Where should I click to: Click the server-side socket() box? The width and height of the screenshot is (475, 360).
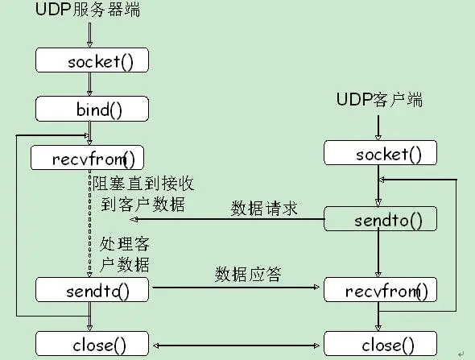coord(92,61)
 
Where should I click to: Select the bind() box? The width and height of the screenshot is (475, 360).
coord(92,109)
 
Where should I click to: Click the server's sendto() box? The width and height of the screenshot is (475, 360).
coord(92,289)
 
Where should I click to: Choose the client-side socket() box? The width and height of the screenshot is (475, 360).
coord(381,153)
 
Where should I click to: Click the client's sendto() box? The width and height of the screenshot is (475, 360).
coord(381,219)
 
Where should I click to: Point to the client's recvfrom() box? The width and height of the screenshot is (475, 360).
coord(381,289)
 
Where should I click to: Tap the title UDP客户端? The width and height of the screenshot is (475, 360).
coord(379,101)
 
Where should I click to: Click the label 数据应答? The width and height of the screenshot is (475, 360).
coord(248,274)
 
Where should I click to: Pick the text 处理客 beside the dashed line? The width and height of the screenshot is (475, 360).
coord(125,243)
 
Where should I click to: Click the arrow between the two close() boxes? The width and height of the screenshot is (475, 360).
coord(237,345)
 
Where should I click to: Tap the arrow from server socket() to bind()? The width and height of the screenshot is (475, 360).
coord(90,85)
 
